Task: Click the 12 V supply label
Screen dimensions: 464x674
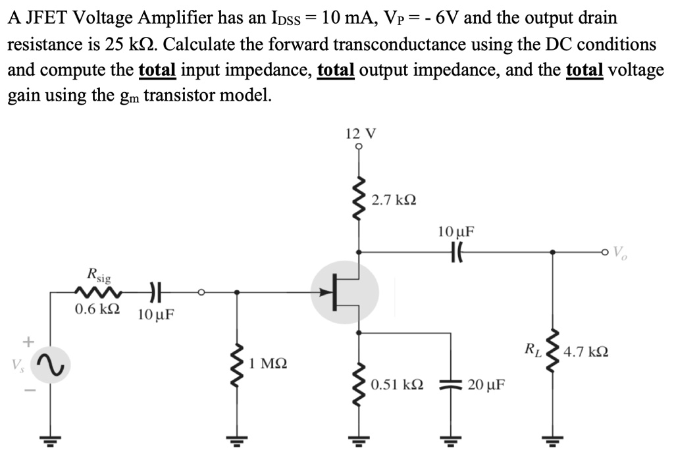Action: coord(360,134)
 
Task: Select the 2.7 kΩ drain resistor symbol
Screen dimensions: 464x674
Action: coord(359,199)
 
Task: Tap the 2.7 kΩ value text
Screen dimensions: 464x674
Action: coord(394,199)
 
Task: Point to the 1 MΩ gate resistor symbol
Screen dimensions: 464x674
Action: coord(239,363)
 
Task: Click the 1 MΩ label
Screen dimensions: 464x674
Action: coord(268,363)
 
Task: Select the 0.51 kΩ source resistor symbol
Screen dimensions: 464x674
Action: coord(359,384)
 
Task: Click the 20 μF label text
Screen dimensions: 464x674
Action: coord(486,384)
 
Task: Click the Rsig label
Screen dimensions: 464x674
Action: coord(99,274)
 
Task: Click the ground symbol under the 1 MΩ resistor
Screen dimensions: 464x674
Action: coord(239,439)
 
